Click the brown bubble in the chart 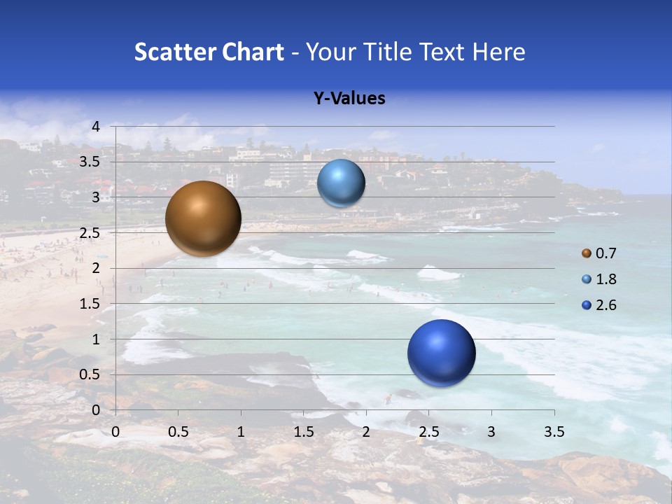point(203,218)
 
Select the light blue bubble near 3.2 point(341,183)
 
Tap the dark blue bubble point(441,353)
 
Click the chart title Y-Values point(349,99)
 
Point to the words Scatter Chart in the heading point(209,52)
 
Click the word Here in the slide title point(499,52)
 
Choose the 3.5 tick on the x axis point(554,432)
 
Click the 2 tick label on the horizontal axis point(366,432)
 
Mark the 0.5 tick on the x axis point(178,432)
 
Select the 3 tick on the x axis point(491,432)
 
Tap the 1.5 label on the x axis point(303,432)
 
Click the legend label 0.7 point(605,253)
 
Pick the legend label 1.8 point(605,279)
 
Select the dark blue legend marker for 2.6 point(587,305)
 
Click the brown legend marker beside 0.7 point(587,253)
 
